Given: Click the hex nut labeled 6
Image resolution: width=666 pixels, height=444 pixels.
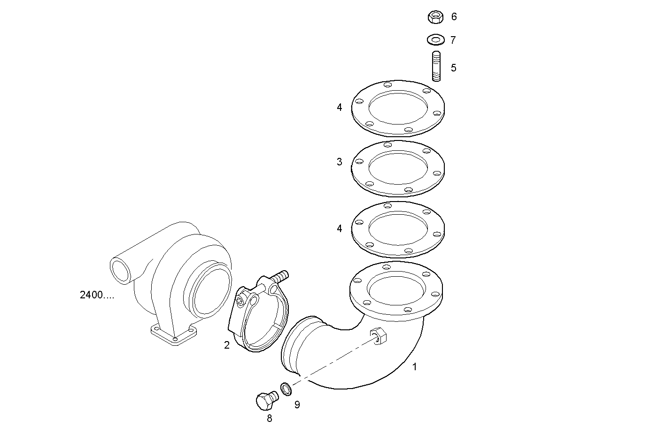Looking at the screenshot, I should [x=436, y=17].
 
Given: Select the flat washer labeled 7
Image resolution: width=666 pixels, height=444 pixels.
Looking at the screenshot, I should [x=436, y=39].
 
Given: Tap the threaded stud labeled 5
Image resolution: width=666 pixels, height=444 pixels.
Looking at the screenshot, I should [x=436, y=66].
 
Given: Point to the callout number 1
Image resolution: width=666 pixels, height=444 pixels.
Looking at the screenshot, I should [x=414, y=367].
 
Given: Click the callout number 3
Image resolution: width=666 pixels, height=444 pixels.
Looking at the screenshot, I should [x=340, y=162].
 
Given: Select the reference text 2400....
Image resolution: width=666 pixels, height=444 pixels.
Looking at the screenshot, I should [x=97, y=296].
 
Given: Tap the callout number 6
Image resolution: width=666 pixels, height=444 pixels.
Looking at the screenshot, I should [x=454, y=17].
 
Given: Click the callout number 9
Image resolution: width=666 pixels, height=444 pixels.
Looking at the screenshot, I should [x=297, y=405].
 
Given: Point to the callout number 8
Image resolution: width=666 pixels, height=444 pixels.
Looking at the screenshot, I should [x=269, y=418].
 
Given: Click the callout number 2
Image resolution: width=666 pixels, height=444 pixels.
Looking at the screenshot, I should [x=227, y=346].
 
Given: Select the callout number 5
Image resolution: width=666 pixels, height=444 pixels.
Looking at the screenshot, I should [x=453, y=68].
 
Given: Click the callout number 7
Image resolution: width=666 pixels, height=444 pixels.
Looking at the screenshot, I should [x=453, y=40].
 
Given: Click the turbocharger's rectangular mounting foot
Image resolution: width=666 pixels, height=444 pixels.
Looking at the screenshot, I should [x=174, y=334].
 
